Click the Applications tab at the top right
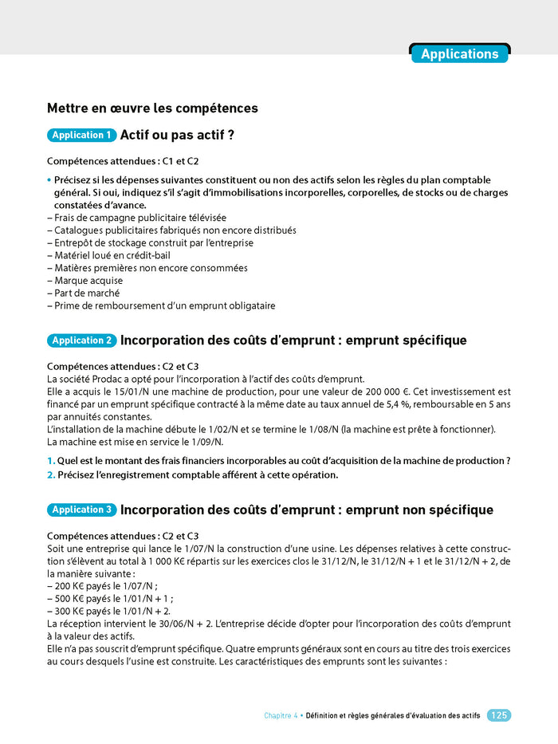click(x=459, y=54)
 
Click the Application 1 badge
click(x=82, y=136)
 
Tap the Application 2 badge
click(x=82, y=341)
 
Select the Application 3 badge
click(x=82, y=510)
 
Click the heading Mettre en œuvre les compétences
click(x=152, y=108)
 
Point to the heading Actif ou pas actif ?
click(x=176, y=136)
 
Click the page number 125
click(x=499, y=715)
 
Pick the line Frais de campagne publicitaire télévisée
click(x=136, y=217)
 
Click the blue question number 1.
click(x=50, y=461)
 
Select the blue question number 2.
click(x=50, y=474)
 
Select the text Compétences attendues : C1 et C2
click(x=123, y=161)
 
